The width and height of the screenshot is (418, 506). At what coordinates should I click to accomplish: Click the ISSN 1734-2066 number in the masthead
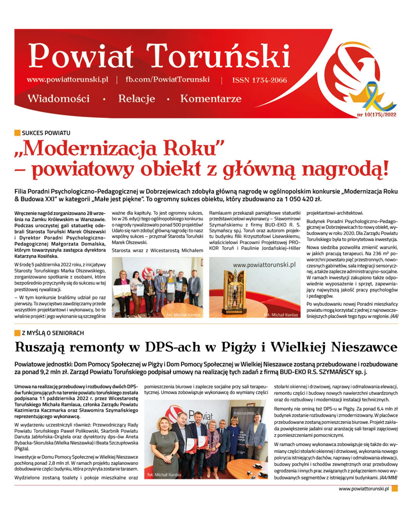(x=259, y=80)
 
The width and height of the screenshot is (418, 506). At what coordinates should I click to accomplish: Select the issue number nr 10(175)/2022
(x=376, y=114)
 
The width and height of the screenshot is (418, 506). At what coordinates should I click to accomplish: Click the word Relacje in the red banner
(x=137, y=99)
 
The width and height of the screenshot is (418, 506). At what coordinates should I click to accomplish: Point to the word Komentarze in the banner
(x=211, y=99)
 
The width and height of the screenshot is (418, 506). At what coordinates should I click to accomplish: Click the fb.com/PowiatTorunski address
(x=167, y=79)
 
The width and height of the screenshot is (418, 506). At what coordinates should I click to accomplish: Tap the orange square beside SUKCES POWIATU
(x=17, y=133)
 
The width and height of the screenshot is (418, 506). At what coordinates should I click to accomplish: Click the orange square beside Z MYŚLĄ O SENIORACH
(x=17, y=333)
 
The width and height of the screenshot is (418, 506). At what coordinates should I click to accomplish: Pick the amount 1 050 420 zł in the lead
(x=303, y=199)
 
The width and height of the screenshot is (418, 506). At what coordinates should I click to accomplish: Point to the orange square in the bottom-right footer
(x=394, y=489)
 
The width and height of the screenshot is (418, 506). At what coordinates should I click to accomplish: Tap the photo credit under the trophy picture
(x=281, y=315)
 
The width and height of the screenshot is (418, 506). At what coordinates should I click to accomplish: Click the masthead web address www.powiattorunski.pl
(x=67, y=79)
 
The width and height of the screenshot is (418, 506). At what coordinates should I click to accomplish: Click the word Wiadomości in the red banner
(x=59, y=99)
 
